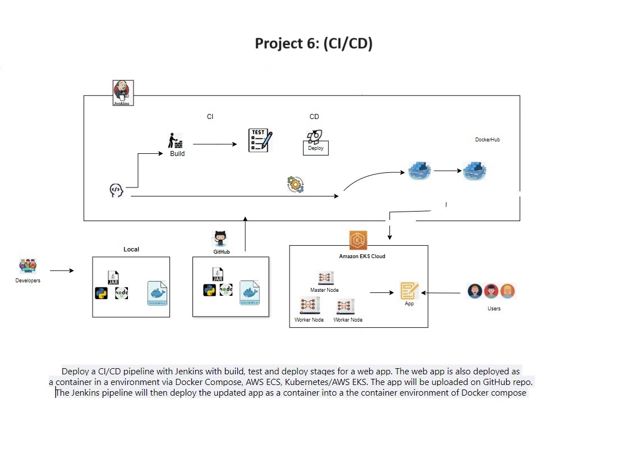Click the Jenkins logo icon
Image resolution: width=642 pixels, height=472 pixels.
(123, 91)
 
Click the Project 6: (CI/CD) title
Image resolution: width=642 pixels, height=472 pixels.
(314, 43)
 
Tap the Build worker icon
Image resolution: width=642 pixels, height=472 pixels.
(176, 140)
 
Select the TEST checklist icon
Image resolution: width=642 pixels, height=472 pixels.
(260, 140)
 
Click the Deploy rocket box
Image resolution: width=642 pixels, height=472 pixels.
(315, 142)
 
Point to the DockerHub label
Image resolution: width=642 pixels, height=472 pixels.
(487, 140)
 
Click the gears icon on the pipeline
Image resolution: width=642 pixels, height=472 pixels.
(295, 185)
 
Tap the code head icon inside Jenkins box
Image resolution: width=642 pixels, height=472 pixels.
(116, 191)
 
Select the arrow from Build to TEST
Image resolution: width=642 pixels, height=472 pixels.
(214, 144)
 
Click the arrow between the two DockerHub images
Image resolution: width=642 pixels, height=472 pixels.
(447, 171)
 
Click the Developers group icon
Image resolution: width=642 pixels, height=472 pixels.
(27, 266)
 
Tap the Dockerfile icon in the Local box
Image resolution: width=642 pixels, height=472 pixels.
(158, 293)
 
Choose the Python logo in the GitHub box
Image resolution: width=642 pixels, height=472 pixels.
(209, 290)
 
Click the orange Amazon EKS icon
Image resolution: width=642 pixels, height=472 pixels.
(358, 240)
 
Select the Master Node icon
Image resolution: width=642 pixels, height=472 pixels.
(325, 278)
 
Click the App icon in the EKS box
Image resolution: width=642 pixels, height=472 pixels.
(409, 291)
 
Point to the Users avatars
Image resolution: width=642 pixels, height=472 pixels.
(491, 291)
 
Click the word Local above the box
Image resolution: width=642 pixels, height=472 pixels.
(131, 249)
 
